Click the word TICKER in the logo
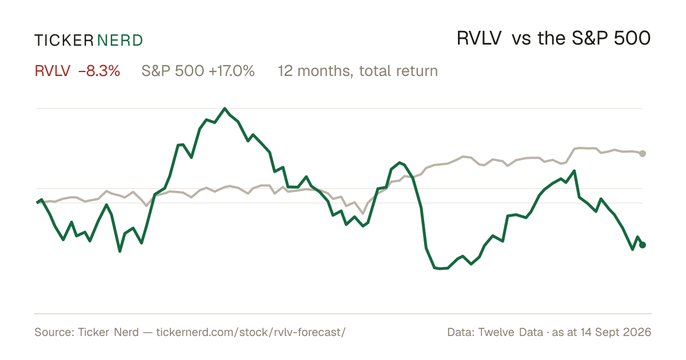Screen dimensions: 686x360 click(x=63, y=41)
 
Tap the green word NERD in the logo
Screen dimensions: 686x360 click(x=119, y=41)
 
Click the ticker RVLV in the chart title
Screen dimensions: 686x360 click(x=479, y=38)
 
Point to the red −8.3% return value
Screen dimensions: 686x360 click(x=99, y=71)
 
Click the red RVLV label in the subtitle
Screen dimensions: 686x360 click(x=53, y=71)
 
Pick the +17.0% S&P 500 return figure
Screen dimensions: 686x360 click(x=232, y=71)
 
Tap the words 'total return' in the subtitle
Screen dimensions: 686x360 click(x=398, y=71)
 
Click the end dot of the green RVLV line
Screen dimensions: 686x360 click(x=643, y=245)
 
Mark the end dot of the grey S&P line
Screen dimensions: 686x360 click(x=643, y=153)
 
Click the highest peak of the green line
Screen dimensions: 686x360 click(x=225, y=109)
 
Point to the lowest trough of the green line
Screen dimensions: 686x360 click(x=440, y=269)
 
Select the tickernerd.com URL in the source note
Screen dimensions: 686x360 click(x=251, y=332)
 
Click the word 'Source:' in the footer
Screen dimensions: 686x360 click(x=54, y=332)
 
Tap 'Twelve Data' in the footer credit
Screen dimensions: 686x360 click(x=510, y=332)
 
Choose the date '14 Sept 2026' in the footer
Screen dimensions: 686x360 click(x=616, y=332)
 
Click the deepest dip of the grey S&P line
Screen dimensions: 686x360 click(x=363, y=213)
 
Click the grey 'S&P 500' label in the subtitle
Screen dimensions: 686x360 click(x=173, y=71)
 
